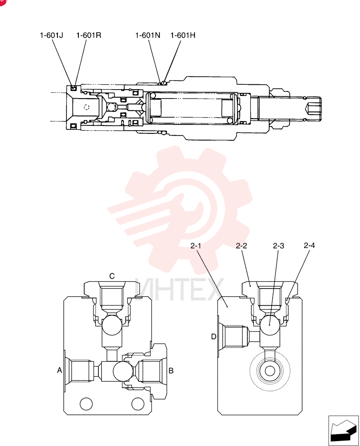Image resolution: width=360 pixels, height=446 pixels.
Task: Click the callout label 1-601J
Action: [x=51, y=35]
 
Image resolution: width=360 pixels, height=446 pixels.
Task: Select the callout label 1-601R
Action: [x=89, y=35]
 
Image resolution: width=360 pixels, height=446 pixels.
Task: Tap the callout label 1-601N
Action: [x=148, y=35]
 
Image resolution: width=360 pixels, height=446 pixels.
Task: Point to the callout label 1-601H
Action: [x=183, y=35]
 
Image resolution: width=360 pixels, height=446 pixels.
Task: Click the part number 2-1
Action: [x=196, y=245]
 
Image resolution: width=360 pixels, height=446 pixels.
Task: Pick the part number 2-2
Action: [x=241, y=245]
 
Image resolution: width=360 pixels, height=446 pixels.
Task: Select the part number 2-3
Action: [x=278, y=245]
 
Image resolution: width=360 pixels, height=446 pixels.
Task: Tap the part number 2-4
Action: [x=309, y=245]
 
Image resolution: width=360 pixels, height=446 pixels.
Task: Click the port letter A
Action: [x=59, y=370]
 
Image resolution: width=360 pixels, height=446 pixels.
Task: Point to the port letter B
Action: [x=171, y=371]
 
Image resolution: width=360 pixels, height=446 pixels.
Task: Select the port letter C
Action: [x=112, y=276]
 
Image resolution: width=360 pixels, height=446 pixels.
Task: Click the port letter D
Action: [x=214, y=337]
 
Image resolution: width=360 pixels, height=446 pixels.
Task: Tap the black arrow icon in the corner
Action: [x=343, y=430]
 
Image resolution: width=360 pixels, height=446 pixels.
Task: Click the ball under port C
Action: [x=112, y=325]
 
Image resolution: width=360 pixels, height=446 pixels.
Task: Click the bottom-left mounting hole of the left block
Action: [x=86, y=404]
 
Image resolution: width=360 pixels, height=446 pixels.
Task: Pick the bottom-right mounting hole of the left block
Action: [x=138, y=404]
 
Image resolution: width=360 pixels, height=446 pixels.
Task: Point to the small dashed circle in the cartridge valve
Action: [x=87, y=107]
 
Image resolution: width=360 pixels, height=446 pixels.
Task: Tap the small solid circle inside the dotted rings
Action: [x=270, y=371]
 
